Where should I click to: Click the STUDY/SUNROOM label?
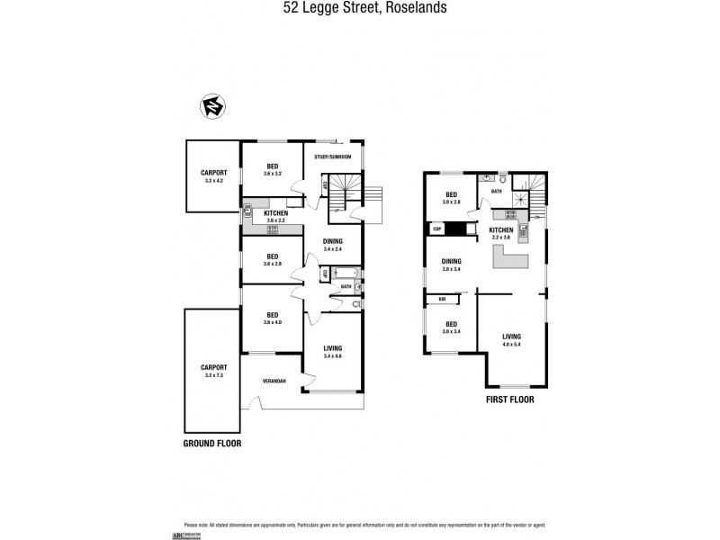tap(332, 157)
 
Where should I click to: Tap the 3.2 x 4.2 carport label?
tap(213, 175)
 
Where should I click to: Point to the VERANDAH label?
tap(274, 382)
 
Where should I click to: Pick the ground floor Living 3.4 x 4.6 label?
tap(332, 352)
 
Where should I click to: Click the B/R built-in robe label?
tap(442, 299)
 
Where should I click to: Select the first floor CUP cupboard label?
tap(437, 229)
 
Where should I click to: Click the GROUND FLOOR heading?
tap(213, 444)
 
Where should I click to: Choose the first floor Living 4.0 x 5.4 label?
tap(511, 340)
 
